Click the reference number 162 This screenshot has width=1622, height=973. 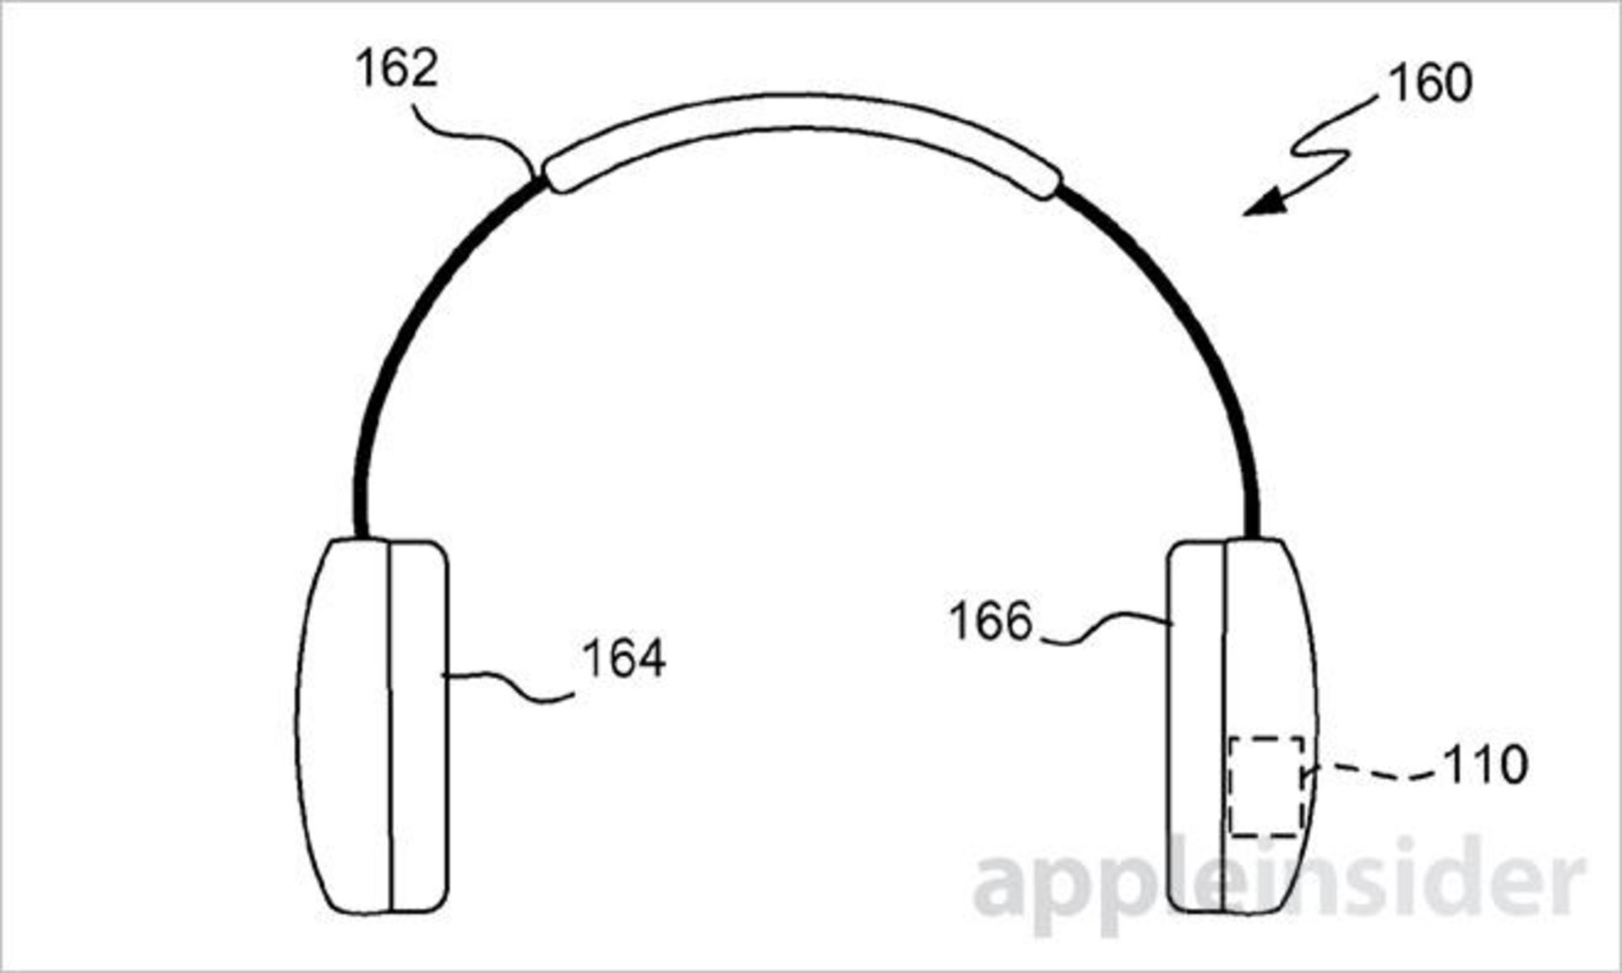pyautogui.click(x=396, y=69)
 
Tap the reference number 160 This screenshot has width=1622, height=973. pyautogui.click(x=1429, y=84)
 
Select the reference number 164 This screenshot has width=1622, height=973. pyautogui.click(x=623, y=659)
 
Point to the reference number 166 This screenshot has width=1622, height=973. pyautogui.click(x=991, y=622)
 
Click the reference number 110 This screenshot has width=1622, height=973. pyautogui.click(x=1484, y=765)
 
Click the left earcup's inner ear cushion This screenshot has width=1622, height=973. pyautogui.click(x=418, y=726)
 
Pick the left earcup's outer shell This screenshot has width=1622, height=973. pyautogui.click(x=342, y=726)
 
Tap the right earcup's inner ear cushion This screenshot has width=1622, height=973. pyautogui.click(x=1196, y=726)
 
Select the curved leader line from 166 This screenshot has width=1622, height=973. pyautogui.click(x=1107, y=629)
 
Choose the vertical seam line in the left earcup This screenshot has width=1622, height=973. pyautogui.click(x=390, y=726)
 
